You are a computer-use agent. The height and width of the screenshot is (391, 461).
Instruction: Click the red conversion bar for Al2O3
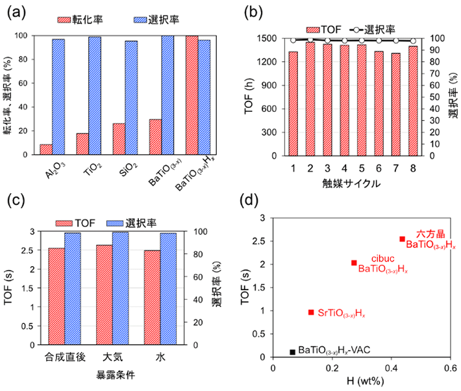point(45,150)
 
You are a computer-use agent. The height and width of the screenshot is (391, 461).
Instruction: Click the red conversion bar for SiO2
point(118,139)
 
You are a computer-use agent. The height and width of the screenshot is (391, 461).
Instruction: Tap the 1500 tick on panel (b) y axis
point(268,38)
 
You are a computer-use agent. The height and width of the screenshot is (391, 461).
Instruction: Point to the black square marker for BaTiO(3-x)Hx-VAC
point(293,352)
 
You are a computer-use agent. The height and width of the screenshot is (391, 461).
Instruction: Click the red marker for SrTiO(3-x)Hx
point(311,312)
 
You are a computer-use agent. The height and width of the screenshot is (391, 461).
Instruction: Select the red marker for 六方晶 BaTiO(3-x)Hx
point(402,239)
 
